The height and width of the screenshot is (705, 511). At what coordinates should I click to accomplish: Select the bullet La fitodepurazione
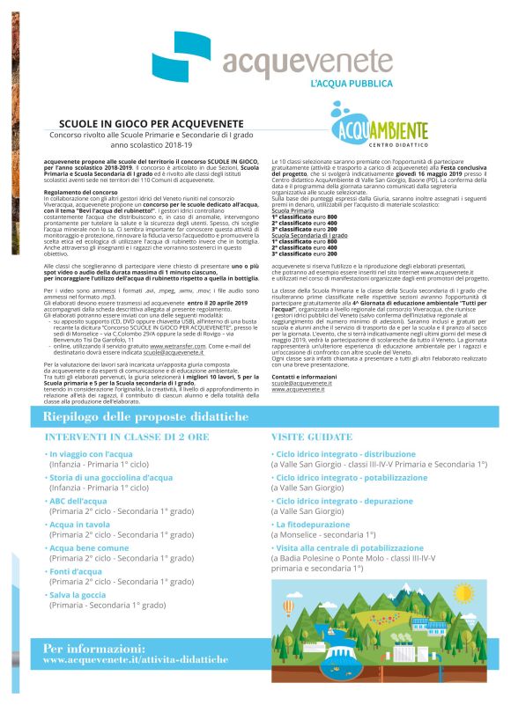tap(316, 524)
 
